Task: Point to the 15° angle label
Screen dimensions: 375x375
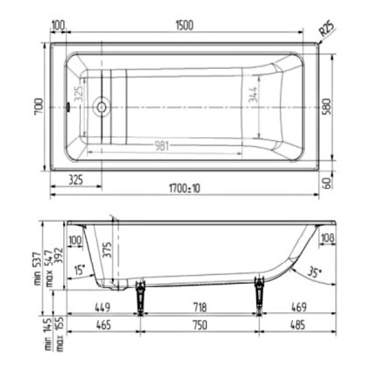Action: point(79,271)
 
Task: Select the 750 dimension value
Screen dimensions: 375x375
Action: point(199,325)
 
